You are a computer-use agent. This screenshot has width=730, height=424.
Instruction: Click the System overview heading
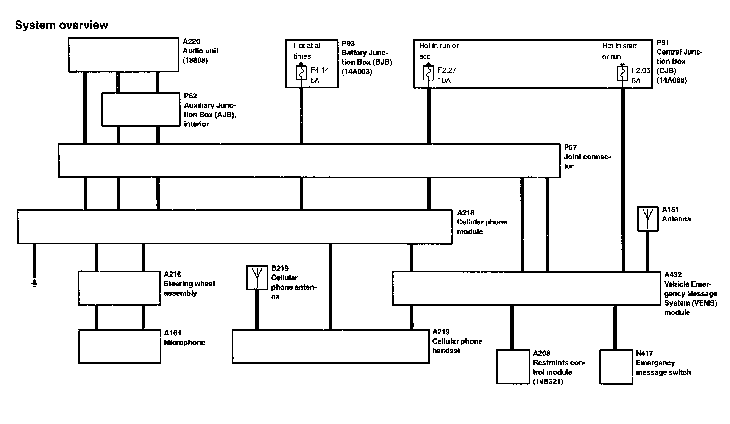[x=61, y=25]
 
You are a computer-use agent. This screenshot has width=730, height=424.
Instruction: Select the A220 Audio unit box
[x=123, y=55]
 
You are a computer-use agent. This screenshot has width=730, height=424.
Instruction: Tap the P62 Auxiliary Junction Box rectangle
[x=141, y=109]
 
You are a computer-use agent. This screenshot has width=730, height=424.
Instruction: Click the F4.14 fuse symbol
[x=301, y=73]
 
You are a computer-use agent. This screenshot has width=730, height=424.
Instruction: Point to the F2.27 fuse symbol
[x=428, y=73]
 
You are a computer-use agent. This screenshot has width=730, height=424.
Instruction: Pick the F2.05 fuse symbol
[x=622, y=73]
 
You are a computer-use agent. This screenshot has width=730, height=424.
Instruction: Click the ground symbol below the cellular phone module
[x=34, y=283]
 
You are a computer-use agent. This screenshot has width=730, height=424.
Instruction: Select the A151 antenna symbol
[x=647, y=218]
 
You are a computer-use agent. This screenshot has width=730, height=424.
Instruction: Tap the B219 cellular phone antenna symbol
[x=257, y=277]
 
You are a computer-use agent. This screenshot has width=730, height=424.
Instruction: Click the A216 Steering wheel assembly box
[x=119, y=288]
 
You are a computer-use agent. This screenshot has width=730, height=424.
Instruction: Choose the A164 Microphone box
[x=119, y=346]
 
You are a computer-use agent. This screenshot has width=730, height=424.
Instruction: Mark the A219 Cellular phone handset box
[x=330, y=346]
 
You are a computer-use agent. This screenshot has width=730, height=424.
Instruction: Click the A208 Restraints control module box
[x=513, y=366]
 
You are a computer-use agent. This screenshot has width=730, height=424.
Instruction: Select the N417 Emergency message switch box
[x=616, y=366]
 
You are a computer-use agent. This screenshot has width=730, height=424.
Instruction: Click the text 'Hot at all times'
[x=307, y=51]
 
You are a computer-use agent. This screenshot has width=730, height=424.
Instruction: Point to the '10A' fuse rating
[x=444, y=80]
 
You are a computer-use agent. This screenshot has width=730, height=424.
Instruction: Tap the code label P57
[x=570, y=147]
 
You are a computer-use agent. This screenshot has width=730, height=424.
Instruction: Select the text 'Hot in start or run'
[x=619, y=51]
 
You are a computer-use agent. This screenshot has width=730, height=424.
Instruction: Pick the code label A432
[x=672, y=275]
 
